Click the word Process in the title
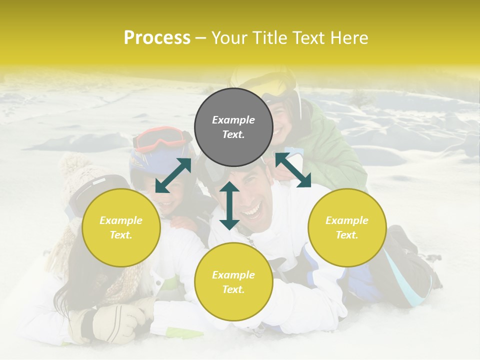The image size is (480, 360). pyautogui.click(x=157, y=38)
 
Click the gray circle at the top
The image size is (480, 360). pyautogui.click(x=233, y=127)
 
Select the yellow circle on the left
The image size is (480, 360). pyautogui.click(x=121, y=227)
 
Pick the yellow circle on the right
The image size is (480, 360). pyautogui.click(x=347, y=227)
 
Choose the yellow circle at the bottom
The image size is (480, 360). pyautogui.click(x=233, y=282)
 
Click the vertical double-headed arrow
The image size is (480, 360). pyautogui.click(x=229, y=205)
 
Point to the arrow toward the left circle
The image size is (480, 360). pyautogui.click(x=173, y=175)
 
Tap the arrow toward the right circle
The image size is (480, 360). pyautogui.click(x=293, y=170)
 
